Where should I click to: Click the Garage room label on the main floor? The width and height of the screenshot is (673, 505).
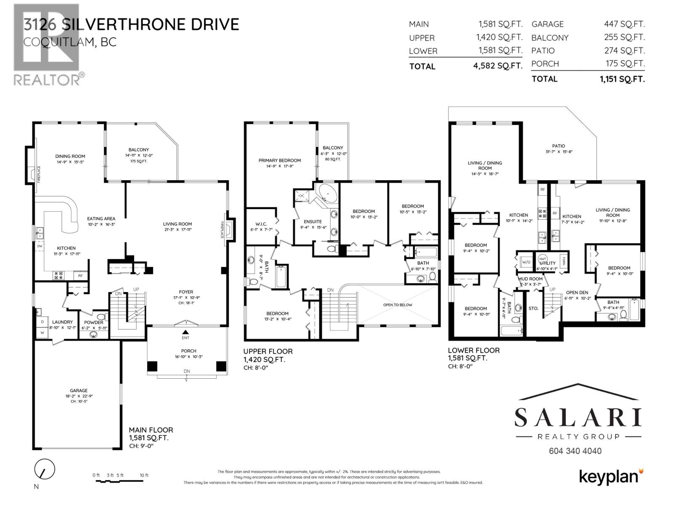coord(79,391)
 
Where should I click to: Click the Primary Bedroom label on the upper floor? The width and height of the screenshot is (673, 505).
coord(280,160)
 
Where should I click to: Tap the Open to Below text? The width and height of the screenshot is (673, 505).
coord(397,305)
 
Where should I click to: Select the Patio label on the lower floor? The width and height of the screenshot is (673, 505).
coord(559,146)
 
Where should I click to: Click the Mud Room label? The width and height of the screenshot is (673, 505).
coord(530,279)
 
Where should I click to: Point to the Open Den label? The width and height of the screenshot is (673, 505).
coord(577,292)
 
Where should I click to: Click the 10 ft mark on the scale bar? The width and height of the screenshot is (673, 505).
coord(144,476)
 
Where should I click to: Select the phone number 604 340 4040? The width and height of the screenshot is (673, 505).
coord(575,451)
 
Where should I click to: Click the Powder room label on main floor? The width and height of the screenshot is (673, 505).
coord(93,322)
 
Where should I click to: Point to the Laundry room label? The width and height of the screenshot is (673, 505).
coord(62,322)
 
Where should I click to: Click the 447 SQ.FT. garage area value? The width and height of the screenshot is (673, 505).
coord(624,24)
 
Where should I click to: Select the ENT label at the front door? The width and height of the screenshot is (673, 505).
coord(185,338)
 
